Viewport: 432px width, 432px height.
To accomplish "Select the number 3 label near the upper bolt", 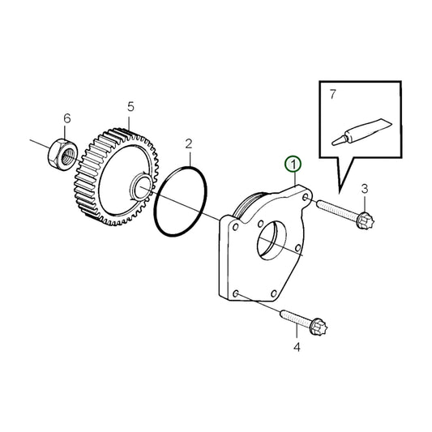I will [364, 189].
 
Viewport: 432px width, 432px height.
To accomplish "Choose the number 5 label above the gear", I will [130, 106].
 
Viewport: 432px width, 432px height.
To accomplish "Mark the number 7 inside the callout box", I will [332, 95].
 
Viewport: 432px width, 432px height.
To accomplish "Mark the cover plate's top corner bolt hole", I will [303, 196].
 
